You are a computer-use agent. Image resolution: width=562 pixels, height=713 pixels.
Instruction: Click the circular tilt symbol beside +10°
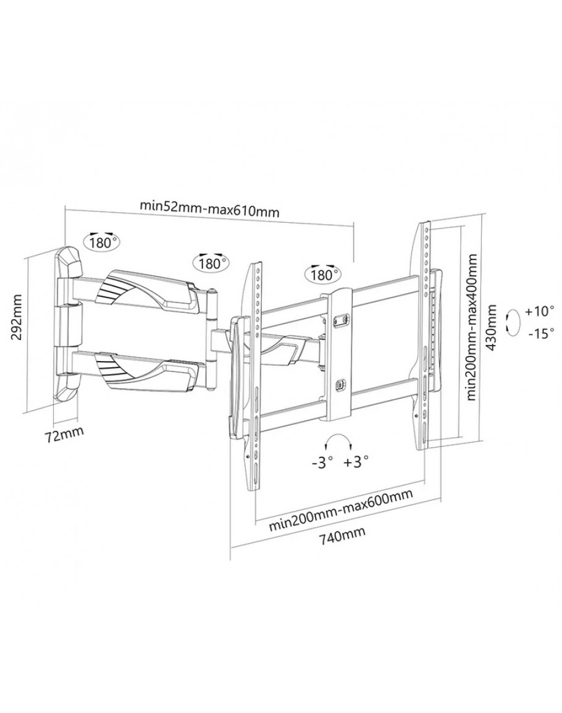(511, 322)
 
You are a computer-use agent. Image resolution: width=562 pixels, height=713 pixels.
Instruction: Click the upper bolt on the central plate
(338, 320)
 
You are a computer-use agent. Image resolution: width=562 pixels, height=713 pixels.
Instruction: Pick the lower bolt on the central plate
(338, 385)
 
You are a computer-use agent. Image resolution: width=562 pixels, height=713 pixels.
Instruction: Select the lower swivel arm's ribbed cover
(123, 371)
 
